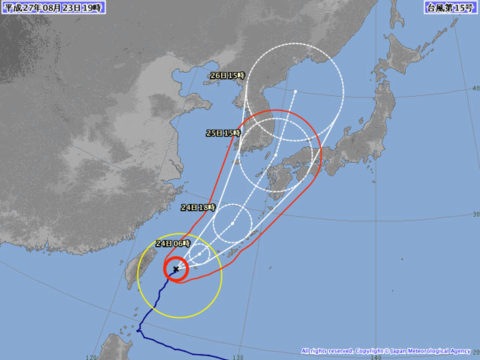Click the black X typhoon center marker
tap(175, 268)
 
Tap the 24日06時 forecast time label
tap(172, 244)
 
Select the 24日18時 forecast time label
tap(198, 207)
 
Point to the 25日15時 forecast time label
tap(223, 133)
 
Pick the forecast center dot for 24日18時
tap(233, 223)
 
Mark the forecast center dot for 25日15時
tap(276, 155)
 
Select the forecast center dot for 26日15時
tap(295, 91)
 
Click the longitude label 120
tap(93, 356)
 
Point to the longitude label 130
tap(238, 356)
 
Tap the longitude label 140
tap(375, 356)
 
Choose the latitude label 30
tap(475, 214)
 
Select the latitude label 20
tap(475, 351)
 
